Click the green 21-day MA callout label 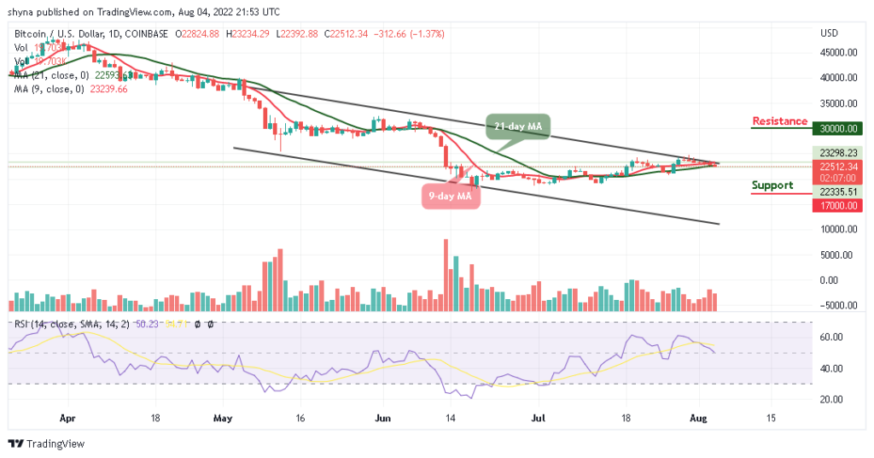(519, 126)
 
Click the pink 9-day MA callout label (452, 196)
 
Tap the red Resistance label (779, 121)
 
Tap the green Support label (772, 185)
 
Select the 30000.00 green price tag (836, 129)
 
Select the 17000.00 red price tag (836, 205)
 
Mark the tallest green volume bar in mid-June (457, 283)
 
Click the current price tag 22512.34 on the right (836, 167)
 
